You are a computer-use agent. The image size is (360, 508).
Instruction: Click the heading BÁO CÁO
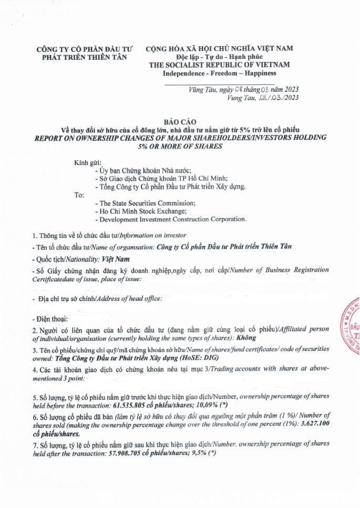[180, 121]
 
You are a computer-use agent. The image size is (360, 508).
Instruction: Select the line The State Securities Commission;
[145, 203]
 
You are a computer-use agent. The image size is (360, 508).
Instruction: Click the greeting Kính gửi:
[88, 163]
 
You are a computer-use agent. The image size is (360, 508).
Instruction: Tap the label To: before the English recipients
[79, 194]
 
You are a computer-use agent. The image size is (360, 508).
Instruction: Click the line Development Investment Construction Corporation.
[171, 219]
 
